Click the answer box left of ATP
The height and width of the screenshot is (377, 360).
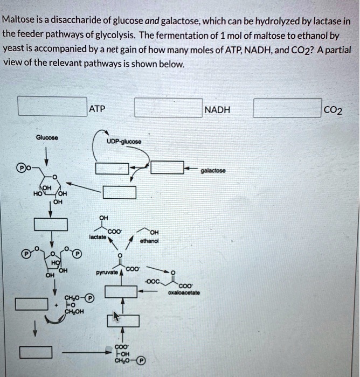tap(52, 106)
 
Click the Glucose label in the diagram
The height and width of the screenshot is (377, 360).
tap(47, 137)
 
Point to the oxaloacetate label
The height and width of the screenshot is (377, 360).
tap(184, 293)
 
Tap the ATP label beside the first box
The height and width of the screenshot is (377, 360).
tap(97, 109)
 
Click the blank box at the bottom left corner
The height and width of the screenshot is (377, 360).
tap(36, 353)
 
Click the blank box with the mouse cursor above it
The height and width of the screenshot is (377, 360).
tap(123, 320)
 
